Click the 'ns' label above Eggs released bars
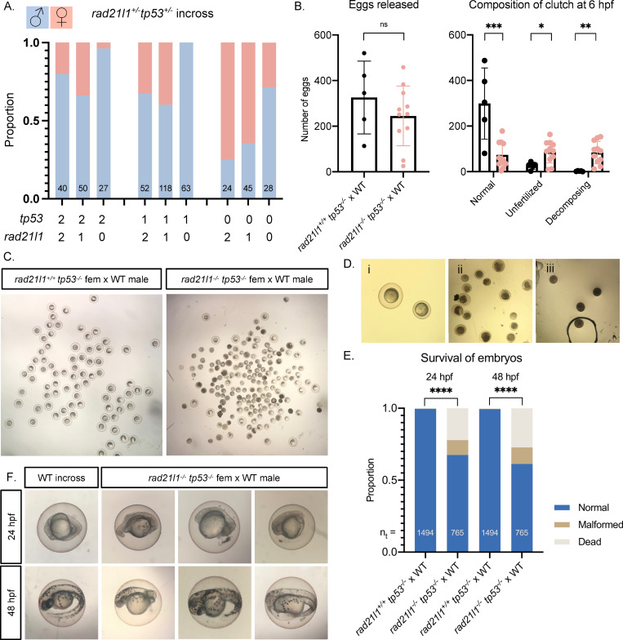pyautogui.click(x=372, y=48)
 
